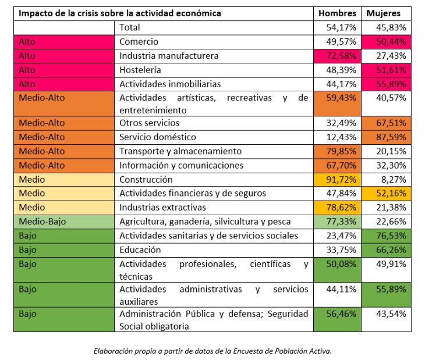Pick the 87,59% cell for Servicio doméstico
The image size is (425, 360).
tap(387, 137)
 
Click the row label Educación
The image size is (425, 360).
tap(140, 250)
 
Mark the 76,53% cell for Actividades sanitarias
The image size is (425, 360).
tap(387, 236)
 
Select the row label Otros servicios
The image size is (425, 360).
tap(149, 123)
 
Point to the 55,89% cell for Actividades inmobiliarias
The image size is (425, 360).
tap(387, 84)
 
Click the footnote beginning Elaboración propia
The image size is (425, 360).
tap(212, 351)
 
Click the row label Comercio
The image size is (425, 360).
tap(139, 42)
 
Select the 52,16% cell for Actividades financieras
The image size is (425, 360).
tap(387, 194)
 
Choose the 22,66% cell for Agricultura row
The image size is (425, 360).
tap(387, 222)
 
